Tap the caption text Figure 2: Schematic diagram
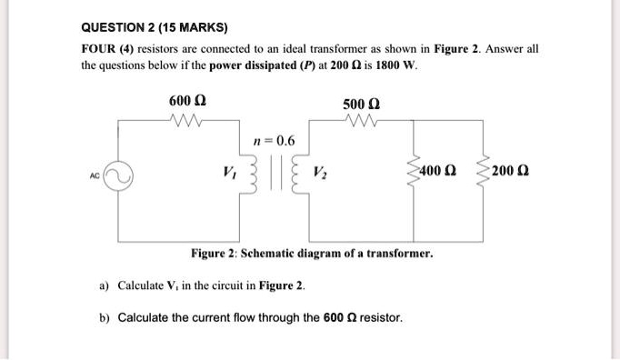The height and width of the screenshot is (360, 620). tap(311, 252)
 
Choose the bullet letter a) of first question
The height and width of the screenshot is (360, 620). tap(105, 285)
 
